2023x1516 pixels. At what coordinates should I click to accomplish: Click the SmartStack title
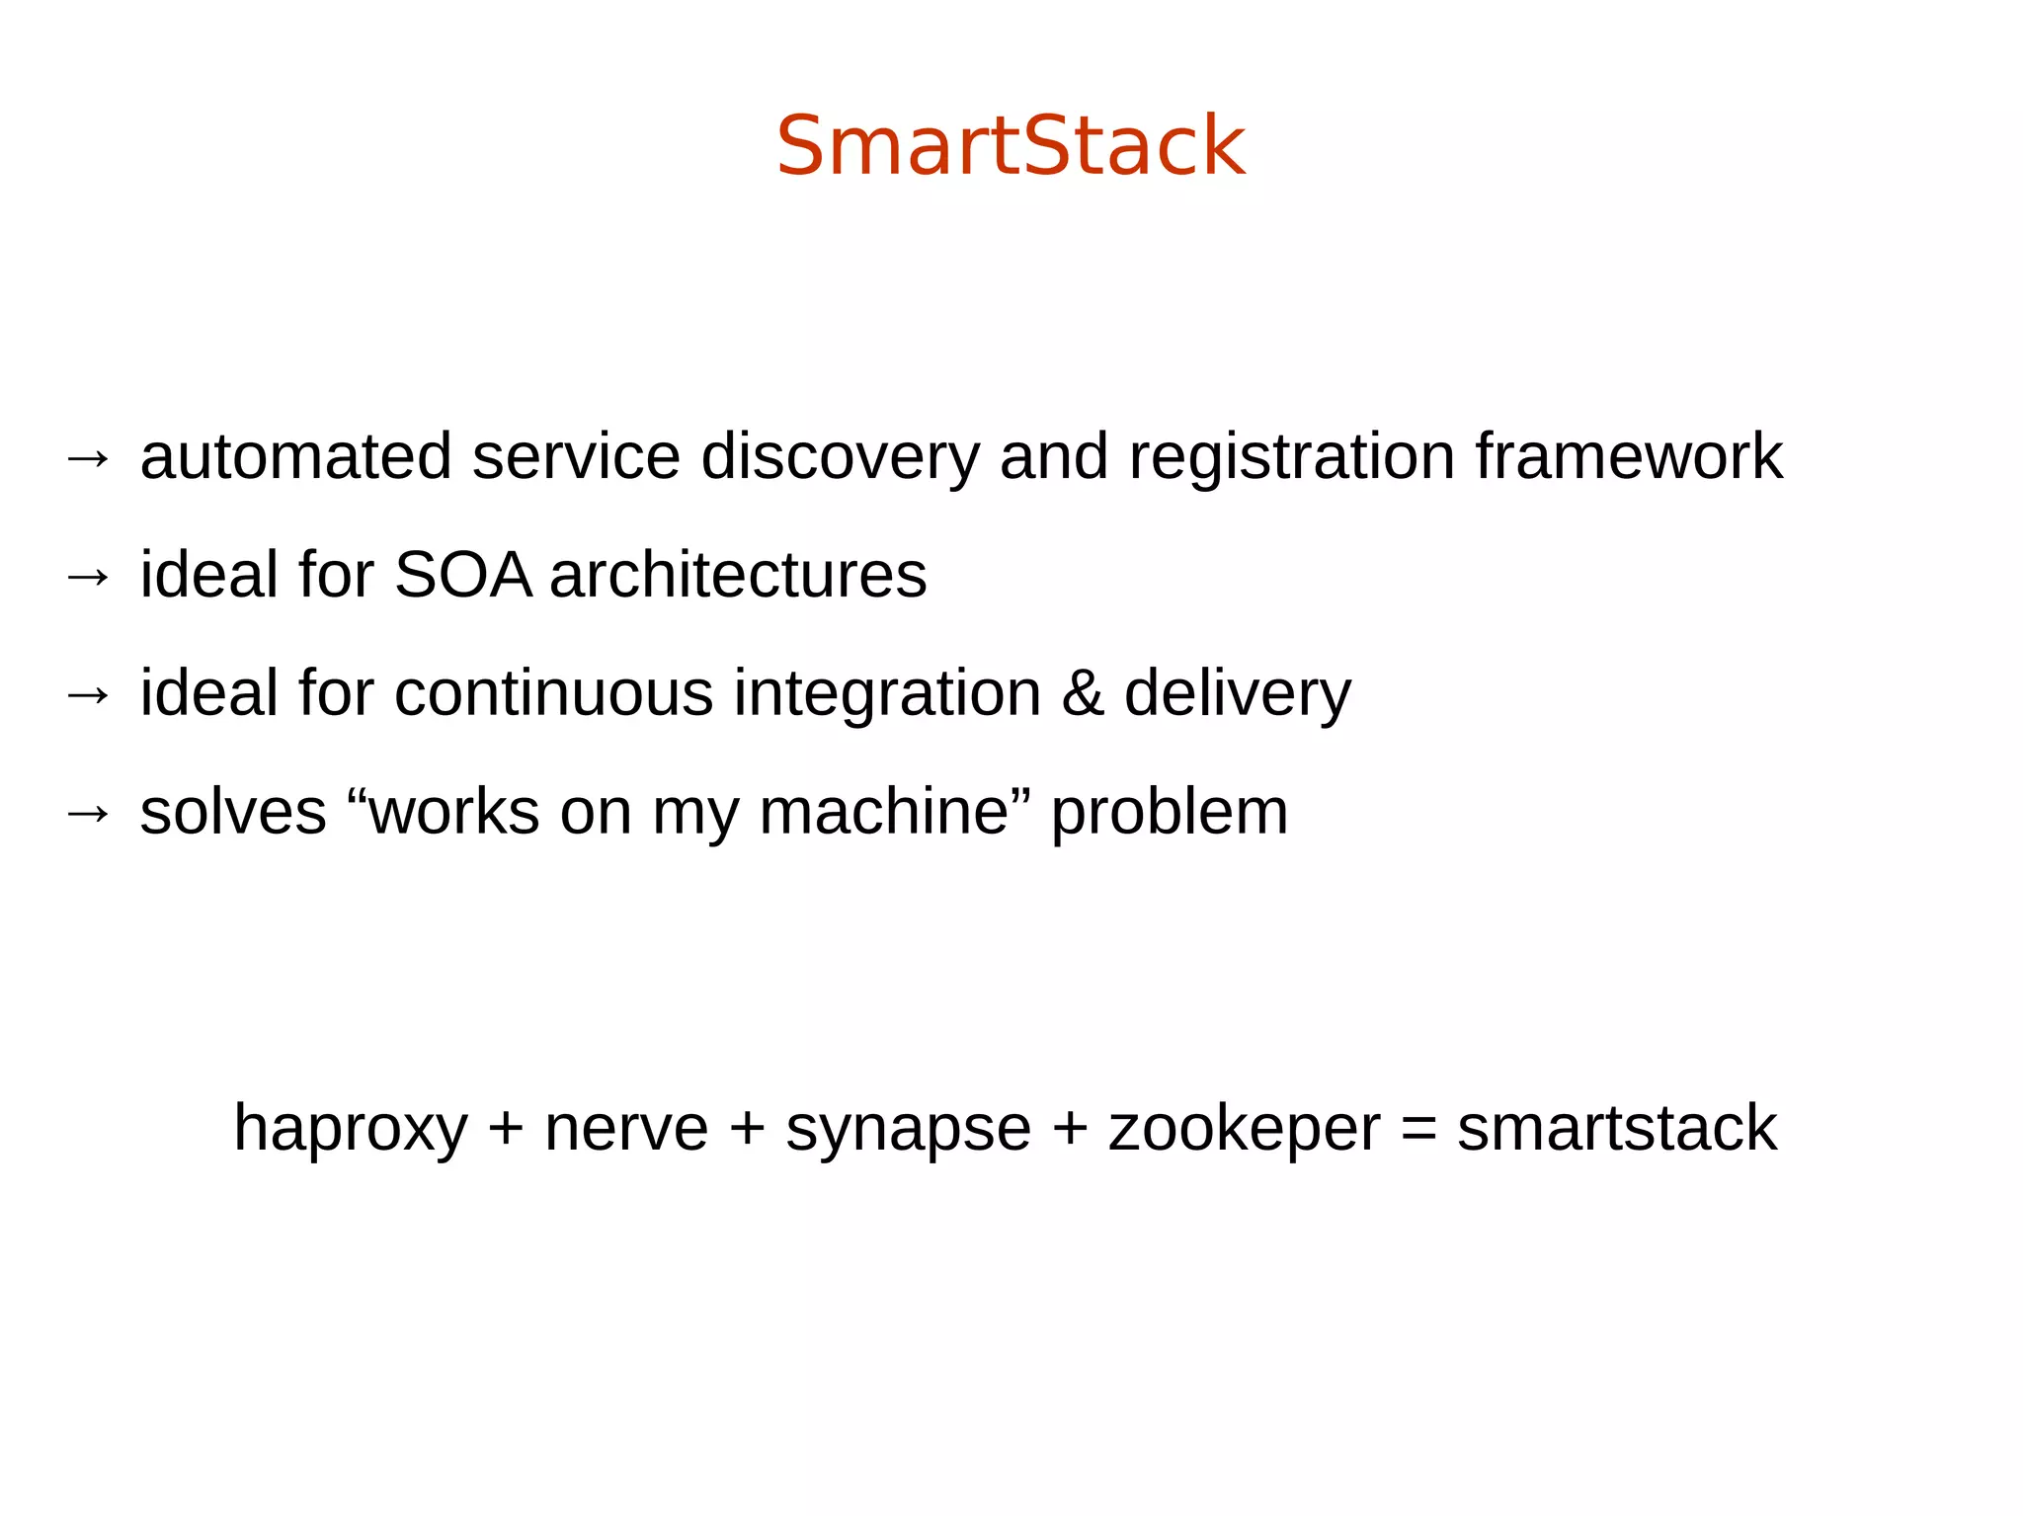point(1011,146)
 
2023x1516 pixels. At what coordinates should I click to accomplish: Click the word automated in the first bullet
point(295,457)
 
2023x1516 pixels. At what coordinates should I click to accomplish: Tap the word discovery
point(841,457)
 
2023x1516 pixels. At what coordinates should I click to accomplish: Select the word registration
point(1292,457)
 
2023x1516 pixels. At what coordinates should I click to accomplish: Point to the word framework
point(1629,457)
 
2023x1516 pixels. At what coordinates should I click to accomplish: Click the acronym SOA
point(463,576)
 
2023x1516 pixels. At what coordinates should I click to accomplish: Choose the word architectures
point(738,576)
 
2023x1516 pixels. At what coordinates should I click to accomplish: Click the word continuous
point(553,694)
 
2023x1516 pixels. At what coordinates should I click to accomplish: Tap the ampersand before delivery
point(1083,694)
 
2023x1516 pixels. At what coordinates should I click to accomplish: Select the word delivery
point(1237,694)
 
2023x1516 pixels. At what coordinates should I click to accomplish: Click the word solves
point(233,813)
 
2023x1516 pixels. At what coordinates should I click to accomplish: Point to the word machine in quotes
point(883,813)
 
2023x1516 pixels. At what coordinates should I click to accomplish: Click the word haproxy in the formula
point(350,1129)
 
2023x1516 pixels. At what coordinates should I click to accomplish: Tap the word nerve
point(626,1129)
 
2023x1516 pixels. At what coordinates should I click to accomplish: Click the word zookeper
point(1244,1129)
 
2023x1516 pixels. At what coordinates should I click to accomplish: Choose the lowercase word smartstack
point(1616,1129)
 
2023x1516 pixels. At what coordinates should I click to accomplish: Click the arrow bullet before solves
point(88,814)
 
